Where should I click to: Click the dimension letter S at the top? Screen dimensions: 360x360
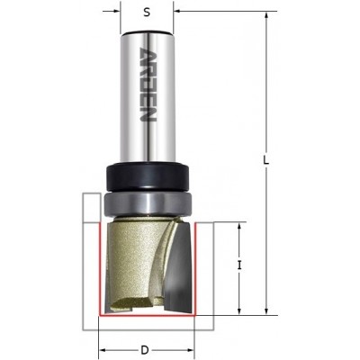(x=147, y=13)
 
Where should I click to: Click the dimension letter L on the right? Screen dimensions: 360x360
(x=265, y=161)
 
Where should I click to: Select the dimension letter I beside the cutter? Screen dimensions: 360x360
(x=239, y=265)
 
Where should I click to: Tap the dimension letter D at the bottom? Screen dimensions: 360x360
(x=145, y=350)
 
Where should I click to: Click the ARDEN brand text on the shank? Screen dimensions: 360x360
(x=148, y=85)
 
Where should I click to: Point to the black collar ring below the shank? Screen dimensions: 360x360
(x=147, y=176)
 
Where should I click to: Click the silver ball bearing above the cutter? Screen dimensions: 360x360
(x=147, y=203)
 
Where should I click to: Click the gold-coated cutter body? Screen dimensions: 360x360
(x=135, y=264)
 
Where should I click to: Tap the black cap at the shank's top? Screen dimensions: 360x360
(x=147, y=32)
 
